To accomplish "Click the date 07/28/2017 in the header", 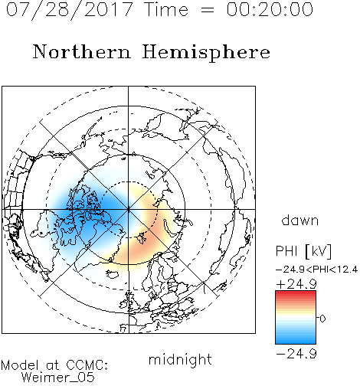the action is coord(70,10).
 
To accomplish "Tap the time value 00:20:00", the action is coord(270,10).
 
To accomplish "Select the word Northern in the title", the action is coord(82,52).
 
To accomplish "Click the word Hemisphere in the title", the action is coord(206,53).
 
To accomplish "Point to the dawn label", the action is coord(300,220).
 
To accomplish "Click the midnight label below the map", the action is coord(180,360).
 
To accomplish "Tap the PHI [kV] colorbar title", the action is coord(303,251).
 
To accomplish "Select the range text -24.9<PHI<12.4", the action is coord(316,270).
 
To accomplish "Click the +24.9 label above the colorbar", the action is coord(296,284).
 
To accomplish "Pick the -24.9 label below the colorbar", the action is coord(296,354).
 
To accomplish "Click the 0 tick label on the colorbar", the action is coord(322,319).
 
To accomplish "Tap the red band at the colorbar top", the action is coord(296,293).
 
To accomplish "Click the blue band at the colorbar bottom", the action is coord(296,342).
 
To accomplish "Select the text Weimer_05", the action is coord(58,378).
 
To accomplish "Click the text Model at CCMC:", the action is coord(54,365).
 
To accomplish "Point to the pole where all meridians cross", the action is coord(129,209).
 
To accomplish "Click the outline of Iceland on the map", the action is coord(112,274).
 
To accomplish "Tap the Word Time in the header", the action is coord(166,10).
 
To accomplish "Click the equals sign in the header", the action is coord(208,10).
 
